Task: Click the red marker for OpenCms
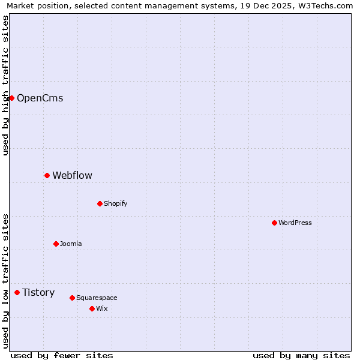11,98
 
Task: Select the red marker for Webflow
47,175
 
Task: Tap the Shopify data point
100,203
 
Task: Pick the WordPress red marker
274,223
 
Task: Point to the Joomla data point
56,244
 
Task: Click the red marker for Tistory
17,292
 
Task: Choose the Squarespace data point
72,298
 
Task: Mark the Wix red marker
92,308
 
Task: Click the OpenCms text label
40,98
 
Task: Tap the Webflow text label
72,175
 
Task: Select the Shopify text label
115,203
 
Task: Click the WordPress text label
295,223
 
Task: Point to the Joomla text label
71,244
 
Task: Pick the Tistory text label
38,292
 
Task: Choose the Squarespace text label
97,298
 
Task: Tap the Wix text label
101,308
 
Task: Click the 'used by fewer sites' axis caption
62,355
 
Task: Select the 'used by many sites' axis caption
301,355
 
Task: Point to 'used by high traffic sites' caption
5,85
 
